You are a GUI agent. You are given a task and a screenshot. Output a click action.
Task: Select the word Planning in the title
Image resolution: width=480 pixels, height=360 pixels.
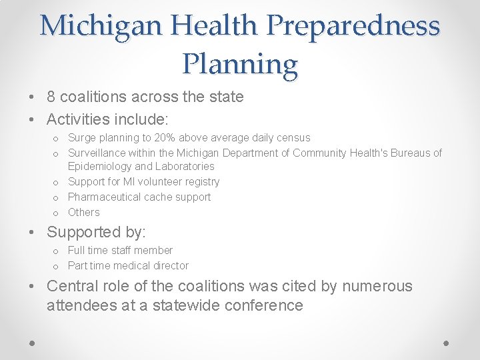(240, 65)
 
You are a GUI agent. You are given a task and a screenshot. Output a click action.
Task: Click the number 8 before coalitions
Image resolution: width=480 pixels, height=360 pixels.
(51, 97)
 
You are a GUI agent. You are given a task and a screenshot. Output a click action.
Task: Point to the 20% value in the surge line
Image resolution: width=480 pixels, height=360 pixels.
(168, 138)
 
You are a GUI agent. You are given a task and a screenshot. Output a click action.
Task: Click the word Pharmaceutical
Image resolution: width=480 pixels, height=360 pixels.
(106, 197)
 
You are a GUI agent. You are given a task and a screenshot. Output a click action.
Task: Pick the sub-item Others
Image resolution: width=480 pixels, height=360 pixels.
(83, 213)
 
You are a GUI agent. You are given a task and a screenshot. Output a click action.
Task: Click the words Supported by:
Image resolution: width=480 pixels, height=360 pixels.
(97, 233)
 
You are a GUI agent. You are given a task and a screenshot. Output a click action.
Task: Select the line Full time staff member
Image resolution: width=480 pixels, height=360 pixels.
(120, 251)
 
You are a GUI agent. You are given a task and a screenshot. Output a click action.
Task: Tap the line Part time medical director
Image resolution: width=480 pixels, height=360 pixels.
(128, 266)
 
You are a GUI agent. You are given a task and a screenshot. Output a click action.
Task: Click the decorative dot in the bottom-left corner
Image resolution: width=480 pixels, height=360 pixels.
(33, 343)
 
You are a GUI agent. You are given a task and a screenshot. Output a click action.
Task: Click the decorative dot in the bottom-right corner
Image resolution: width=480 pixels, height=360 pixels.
(447, 343)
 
